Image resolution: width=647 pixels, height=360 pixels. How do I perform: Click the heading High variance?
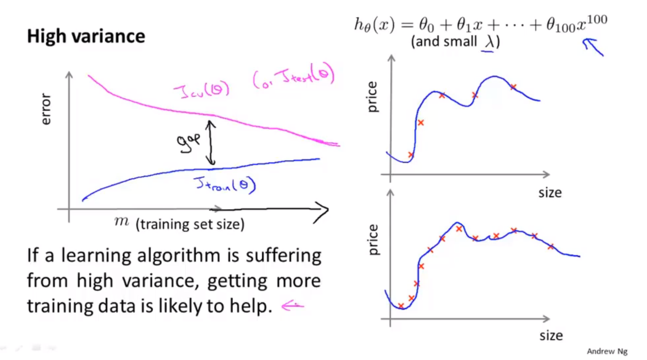click(86, 36)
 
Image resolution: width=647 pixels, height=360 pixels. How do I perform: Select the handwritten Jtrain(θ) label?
click(225, 184)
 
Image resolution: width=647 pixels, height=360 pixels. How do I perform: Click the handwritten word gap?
click(188, 142)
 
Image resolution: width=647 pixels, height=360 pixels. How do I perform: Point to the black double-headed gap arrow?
click(211, 142)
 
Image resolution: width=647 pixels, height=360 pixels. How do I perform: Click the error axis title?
click(46, 109)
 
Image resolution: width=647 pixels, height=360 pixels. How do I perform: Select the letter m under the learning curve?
click(121, 221)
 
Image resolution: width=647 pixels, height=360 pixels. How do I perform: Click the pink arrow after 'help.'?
click(292, 305)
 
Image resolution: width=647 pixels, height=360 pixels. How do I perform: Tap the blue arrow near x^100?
click(593, 47)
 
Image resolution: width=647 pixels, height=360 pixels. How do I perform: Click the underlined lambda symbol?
click(489, 42)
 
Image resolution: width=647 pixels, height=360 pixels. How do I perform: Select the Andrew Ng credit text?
click(607, 351)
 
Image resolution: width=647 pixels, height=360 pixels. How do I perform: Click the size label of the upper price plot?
click(550, 193)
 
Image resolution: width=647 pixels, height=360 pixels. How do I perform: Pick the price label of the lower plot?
click(373, 240)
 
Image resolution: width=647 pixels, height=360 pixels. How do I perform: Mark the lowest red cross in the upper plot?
click(411, 154)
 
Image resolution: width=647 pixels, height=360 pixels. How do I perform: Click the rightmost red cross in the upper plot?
click(513, 87)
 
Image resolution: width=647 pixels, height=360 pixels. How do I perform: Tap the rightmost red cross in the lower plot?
click(550, 247)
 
